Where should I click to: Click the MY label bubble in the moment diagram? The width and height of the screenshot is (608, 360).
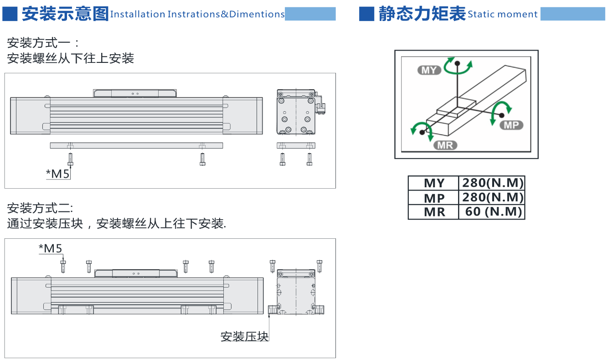(429, 70)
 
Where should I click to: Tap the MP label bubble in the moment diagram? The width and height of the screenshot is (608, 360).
(511, 125)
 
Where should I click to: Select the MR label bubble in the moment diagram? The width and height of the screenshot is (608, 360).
(445, 145)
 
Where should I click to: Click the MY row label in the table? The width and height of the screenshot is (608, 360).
(434, 183)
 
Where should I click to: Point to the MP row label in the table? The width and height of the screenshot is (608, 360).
(434, 198)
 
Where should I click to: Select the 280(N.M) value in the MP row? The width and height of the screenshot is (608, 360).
(493, 197)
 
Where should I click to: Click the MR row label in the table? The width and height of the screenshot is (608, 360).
(434, 212)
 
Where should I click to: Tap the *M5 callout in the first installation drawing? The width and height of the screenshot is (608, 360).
(58, 174)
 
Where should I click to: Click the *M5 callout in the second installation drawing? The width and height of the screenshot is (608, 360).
(51, 248)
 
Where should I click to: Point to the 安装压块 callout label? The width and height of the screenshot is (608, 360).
(244, 336)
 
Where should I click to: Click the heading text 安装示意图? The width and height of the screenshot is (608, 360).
(65, 14)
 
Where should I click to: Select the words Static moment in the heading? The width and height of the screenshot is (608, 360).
(502, 14)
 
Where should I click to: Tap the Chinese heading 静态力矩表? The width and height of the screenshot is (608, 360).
(422, 14)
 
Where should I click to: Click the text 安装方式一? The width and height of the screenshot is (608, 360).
(39, 43)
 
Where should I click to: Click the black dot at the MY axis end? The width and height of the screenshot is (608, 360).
(457, 63)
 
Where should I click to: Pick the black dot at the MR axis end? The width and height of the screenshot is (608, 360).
(422, 133)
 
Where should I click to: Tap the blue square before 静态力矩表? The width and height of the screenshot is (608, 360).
(366, 14)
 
